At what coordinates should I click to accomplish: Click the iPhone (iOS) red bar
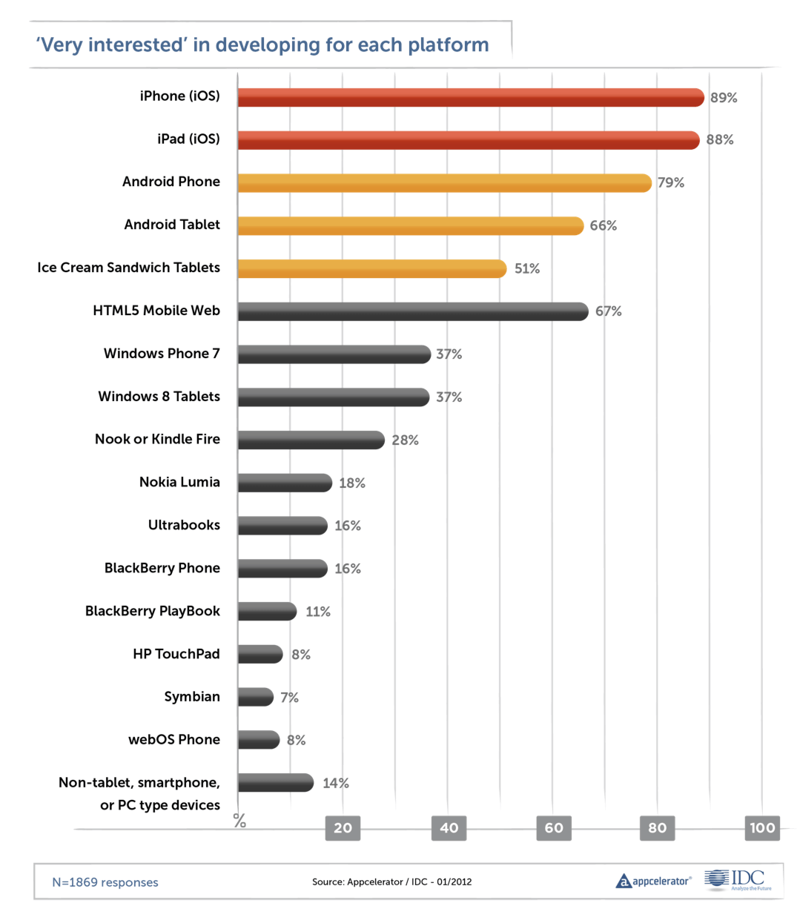pos(471,97)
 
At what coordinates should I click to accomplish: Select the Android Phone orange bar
pos(444,182)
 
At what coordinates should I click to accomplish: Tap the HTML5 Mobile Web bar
pos(413,311)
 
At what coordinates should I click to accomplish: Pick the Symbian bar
pos(256,697)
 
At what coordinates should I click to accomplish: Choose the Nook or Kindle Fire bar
pos(311,440)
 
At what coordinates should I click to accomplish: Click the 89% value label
pos(724,98)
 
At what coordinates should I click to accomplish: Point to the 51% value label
pos(527,268)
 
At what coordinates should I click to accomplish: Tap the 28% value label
pos(405,440)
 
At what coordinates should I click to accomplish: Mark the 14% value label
pos(336,783)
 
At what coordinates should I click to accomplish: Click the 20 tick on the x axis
pos(343,828)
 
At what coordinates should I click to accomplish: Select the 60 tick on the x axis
pos(554,828)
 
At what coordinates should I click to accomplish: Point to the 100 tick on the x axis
pos(762,828)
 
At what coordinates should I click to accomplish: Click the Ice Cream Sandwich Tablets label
pos(129,267)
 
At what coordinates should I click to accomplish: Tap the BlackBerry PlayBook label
pos(152,611)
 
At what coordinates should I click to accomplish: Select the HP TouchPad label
pos(176,654)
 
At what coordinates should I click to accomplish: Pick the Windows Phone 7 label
pos(162,353)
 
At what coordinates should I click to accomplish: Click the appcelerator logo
pos(653,881)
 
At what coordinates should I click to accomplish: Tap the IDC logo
pos(738,880)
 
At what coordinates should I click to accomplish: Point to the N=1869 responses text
pos(105,882)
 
